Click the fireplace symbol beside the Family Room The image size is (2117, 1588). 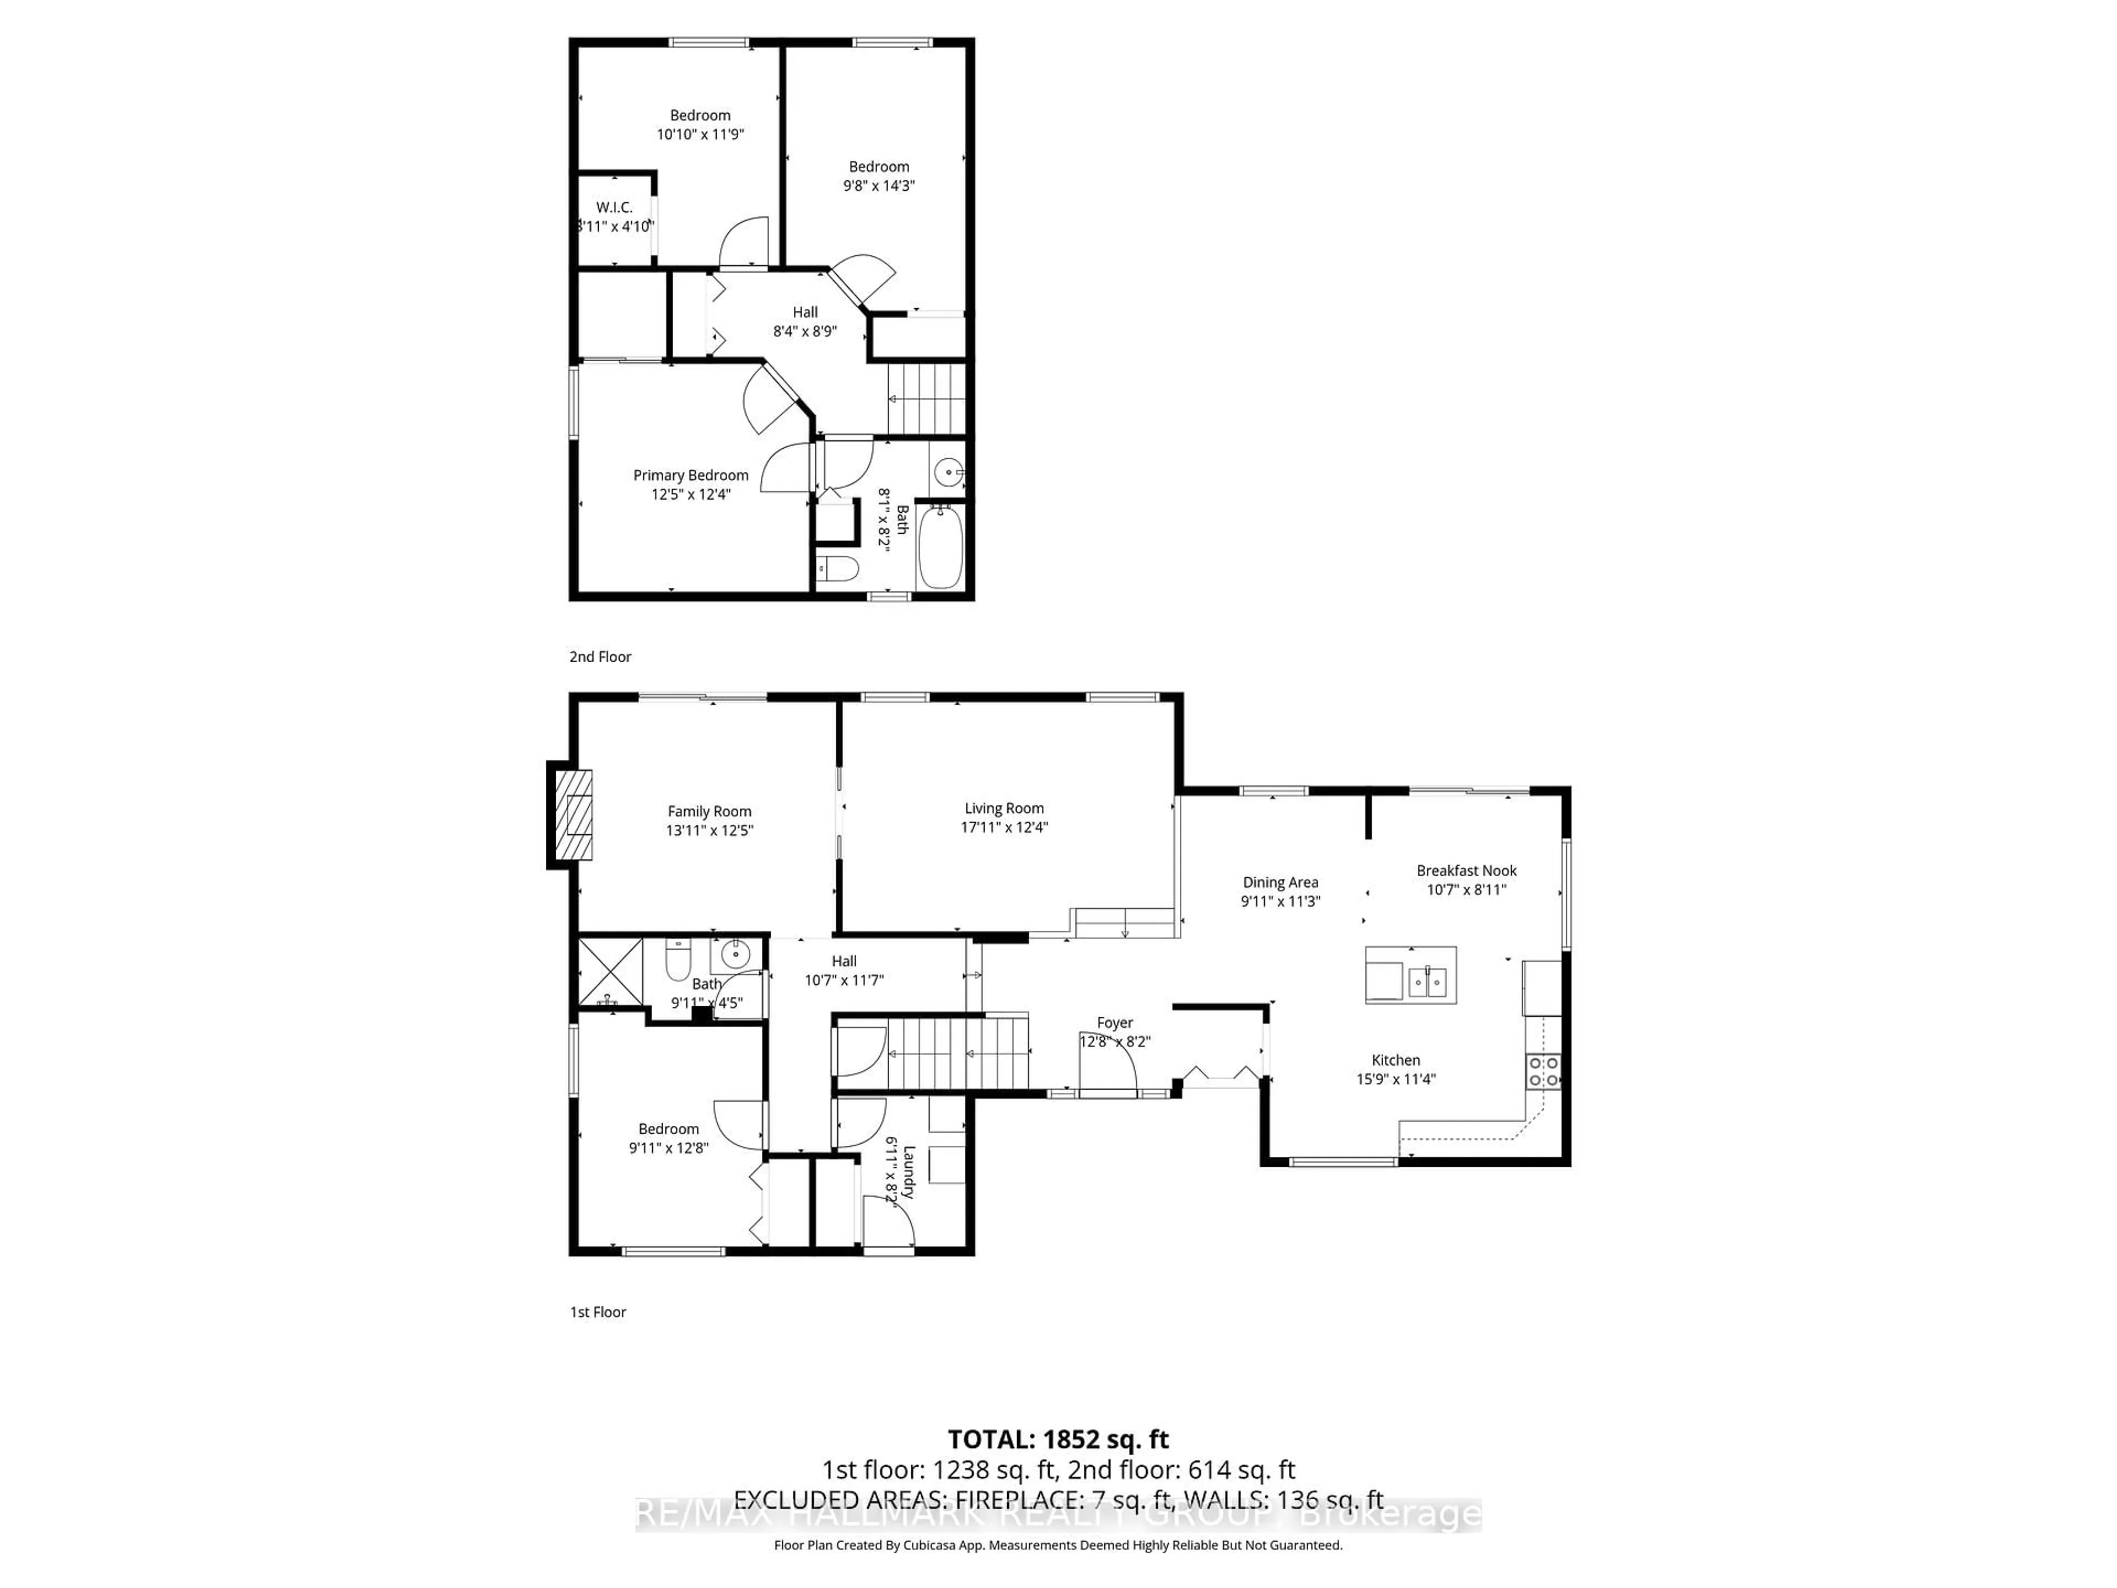point(575,814)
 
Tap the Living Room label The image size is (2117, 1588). point(1004,808)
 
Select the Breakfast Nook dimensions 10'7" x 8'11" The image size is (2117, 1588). point(1466,889)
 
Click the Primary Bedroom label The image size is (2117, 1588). point(690,475)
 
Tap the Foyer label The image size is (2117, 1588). point(1114,1022)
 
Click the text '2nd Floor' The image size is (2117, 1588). point(600,657)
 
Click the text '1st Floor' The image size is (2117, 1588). point(598,1311)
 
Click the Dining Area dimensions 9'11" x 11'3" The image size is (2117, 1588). point(1281,901)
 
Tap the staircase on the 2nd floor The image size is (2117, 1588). point(926,398)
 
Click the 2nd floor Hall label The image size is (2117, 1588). point(805,312)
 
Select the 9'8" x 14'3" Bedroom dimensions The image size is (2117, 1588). point(879,186)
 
